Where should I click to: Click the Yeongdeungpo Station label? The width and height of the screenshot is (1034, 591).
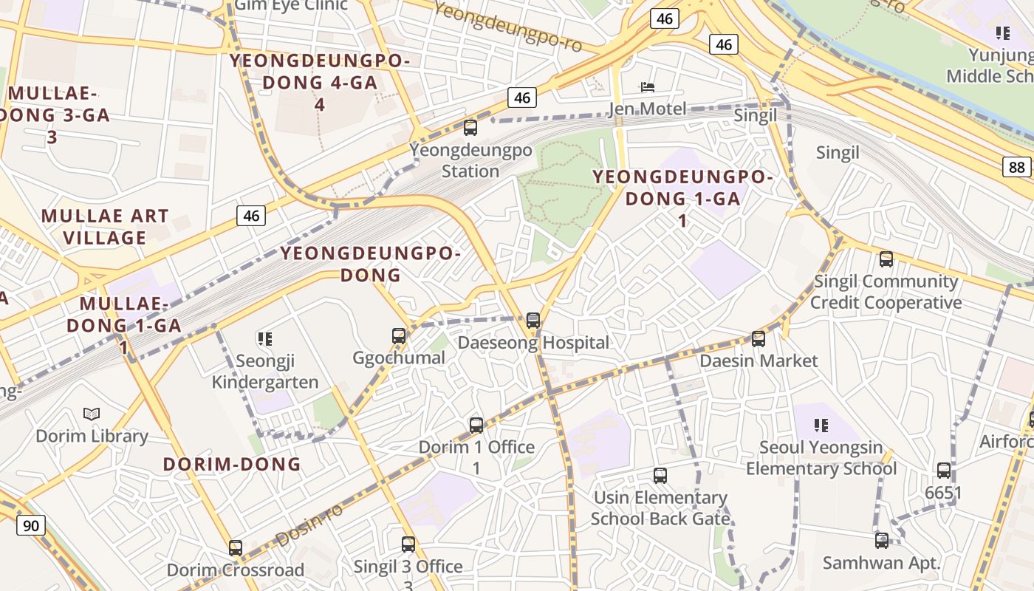point(470,160)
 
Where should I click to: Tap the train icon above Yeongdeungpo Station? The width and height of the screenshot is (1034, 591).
point(470,128)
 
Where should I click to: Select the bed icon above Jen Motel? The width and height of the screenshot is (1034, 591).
point(647,86)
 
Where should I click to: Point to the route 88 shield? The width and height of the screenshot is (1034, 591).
point(1017,167)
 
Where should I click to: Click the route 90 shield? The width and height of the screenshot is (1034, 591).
point(30,526)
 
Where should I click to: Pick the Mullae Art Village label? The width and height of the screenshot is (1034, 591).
point(105,227)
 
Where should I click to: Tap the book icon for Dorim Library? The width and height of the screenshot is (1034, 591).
point(92,414)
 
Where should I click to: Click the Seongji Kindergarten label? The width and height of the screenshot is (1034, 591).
point(265,372)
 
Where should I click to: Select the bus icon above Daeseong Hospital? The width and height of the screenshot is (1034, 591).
point(533,321)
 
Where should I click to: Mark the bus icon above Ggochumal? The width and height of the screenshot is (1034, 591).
point(399,336)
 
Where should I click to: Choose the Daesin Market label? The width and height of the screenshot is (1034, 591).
point(759,361)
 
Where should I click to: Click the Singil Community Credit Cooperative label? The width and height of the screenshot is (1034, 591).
point(886,292)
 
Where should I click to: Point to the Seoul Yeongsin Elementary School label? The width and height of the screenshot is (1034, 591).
point(821,458)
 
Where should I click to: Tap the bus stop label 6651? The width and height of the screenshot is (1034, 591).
point(943,493)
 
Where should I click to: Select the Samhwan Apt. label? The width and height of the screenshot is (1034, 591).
point(882,563)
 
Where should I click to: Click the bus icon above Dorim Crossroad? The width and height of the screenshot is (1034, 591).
point(236,548)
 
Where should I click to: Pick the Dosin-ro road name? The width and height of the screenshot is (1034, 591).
point(309,525)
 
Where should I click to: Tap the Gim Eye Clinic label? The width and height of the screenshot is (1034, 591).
point(290,6)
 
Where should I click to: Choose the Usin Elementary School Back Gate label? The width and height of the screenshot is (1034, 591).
point(660,508)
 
